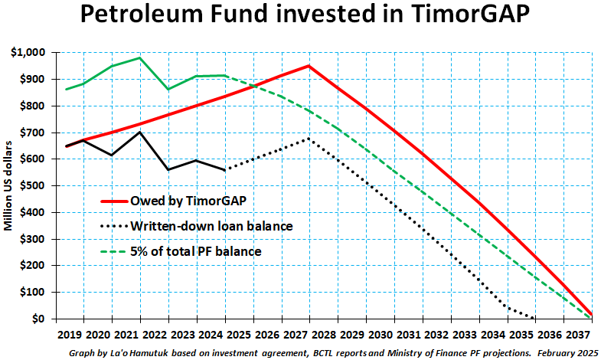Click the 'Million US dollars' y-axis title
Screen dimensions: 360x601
pos(9,186)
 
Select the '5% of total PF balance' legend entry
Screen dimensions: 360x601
pos(195,250)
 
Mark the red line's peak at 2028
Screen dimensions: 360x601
pos(309,66)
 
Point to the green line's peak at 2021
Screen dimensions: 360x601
pos(139,58)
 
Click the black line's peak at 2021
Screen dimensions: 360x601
pos(139,132)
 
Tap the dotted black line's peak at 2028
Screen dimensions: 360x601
pos(309,139)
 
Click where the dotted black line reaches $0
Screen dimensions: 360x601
pos(535,319)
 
